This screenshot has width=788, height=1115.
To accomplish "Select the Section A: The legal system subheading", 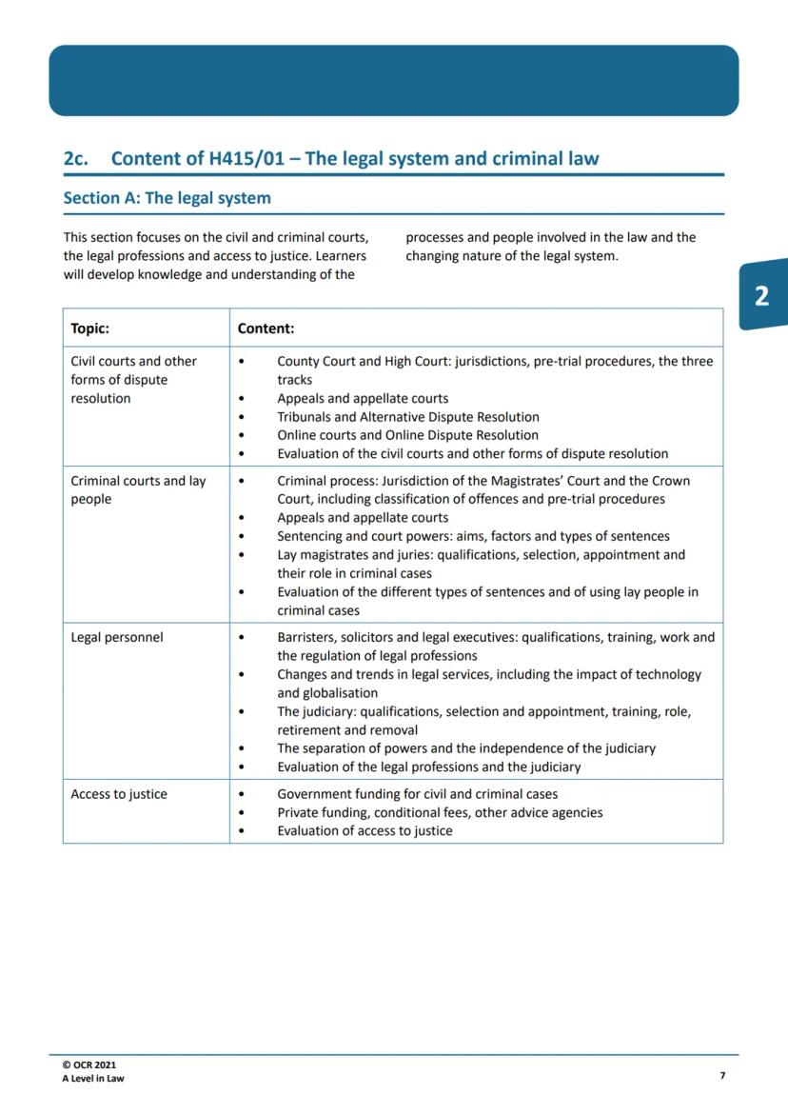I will [x=167, y=199].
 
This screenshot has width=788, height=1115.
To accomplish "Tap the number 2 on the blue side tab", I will [x=761, y=296].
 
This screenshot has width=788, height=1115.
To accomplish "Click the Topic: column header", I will [x=89, y=328].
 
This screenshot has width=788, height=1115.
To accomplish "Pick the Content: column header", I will [x=266, y=328].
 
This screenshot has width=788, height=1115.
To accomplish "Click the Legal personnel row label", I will [x=117, y=637].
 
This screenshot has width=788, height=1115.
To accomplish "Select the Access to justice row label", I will [x=119, y=794].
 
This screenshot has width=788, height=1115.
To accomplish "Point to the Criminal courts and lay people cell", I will [x=138, y=489].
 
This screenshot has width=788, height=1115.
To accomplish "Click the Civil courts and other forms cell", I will [x=133, y=379].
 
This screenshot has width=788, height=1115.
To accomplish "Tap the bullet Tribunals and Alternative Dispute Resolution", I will [x=407, y=417].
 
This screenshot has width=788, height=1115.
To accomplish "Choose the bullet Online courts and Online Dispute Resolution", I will [x=407, y=435].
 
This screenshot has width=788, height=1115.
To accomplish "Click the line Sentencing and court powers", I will [x=473, y=536].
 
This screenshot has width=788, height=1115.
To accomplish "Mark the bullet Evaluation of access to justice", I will [x=364, y=831].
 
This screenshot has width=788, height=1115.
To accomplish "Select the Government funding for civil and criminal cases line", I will [x=417, y=794].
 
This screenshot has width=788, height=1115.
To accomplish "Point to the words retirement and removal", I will [x=347, y=730].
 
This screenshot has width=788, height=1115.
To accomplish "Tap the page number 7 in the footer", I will [x=722, y=1075].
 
